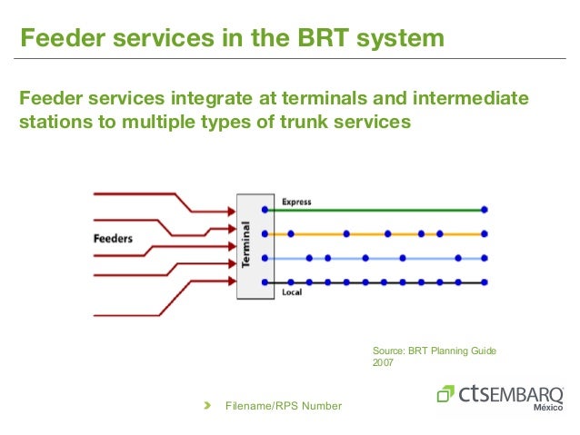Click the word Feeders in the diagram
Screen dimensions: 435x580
pos(113,240)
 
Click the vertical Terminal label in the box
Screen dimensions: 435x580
pos(246,245)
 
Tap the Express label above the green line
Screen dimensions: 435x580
pos(296,202)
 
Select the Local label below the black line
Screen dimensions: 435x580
pos(291,292)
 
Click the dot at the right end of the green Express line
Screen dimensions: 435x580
pos(485,210)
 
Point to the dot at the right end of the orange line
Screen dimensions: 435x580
pos(485,234)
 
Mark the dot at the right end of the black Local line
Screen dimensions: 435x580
pos(485,282)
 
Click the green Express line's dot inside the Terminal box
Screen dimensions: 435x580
pos(265,210)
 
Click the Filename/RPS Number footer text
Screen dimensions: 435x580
pos(284,406)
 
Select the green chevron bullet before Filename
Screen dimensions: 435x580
pos(207,405)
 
